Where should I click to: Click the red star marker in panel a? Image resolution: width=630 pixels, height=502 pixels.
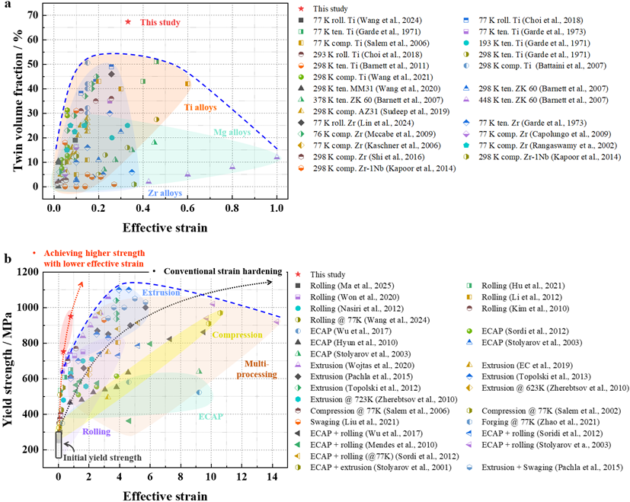coord(128,22)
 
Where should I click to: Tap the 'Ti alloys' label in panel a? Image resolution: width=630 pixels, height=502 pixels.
coord(201,107)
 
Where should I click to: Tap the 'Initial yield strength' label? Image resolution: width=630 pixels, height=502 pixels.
coord(107,457)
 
